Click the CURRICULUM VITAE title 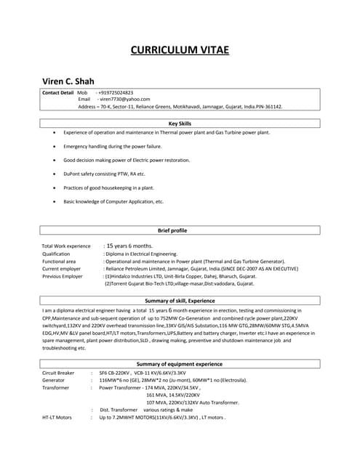coord(180,50)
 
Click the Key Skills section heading coord(180,124)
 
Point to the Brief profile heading coord(180,230)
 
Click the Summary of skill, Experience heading coord(180,300)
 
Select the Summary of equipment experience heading coord(180,363)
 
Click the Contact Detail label coord(58,93)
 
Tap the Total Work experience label coord(66,246)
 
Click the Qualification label coord(56,254)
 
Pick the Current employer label coord(63,269)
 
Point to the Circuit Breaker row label coord(59,372)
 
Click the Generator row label coord(54,380)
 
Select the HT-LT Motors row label coord(57,418)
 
